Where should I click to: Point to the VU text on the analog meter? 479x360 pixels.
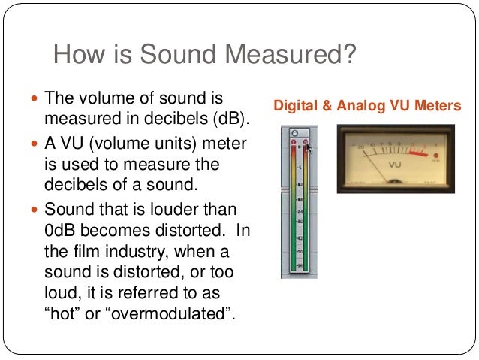coord(395,164)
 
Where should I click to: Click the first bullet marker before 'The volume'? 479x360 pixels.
coord(35,98)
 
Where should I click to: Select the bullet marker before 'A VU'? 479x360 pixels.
coord(35,144)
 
